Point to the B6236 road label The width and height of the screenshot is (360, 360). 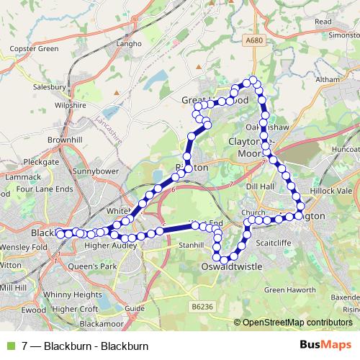(x=204, y=307)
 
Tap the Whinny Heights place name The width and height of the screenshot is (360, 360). (x=77, y=294)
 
